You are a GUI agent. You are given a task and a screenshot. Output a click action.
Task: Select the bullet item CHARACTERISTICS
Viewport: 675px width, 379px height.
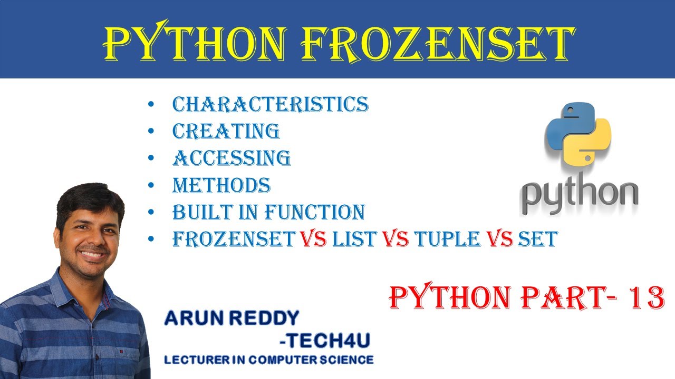coord(271,104)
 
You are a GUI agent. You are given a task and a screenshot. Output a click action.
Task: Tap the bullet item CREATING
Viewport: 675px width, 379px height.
coord(226,131)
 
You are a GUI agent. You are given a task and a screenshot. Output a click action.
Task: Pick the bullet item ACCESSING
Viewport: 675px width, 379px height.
coord(232,158)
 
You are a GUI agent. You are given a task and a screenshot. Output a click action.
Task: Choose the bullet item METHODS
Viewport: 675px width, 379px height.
coord(221,185)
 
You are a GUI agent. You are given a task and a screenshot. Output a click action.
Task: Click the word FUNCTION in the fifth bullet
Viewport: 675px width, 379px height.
coord(314,212)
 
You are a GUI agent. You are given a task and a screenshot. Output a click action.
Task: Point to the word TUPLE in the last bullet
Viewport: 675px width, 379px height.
coord(446,240)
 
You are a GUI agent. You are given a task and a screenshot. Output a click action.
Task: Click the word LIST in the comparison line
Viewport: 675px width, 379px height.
coord(354,240)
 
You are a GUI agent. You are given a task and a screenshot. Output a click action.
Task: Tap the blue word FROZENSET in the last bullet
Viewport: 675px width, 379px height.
coord(234,240)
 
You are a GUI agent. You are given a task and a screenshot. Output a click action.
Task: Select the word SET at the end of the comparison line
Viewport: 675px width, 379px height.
coord(537,240)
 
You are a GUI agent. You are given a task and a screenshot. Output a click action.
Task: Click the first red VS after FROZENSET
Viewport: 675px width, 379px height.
coord(314,240)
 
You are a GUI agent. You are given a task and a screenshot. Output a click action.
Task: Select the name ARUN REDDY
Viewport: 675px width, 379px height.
coord(232,318)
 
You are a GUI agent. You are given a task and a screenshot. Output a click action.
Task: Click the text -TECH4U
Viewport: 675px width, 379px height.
coord(325,341)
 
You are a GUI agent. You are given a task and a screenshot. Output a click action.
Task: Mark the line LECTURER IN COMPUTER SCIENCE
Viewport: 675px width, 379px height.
coord(269,360)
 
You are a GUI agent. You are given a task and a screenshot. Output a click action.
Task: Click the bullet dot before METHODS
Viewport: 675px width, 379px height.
coord(152,186)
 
